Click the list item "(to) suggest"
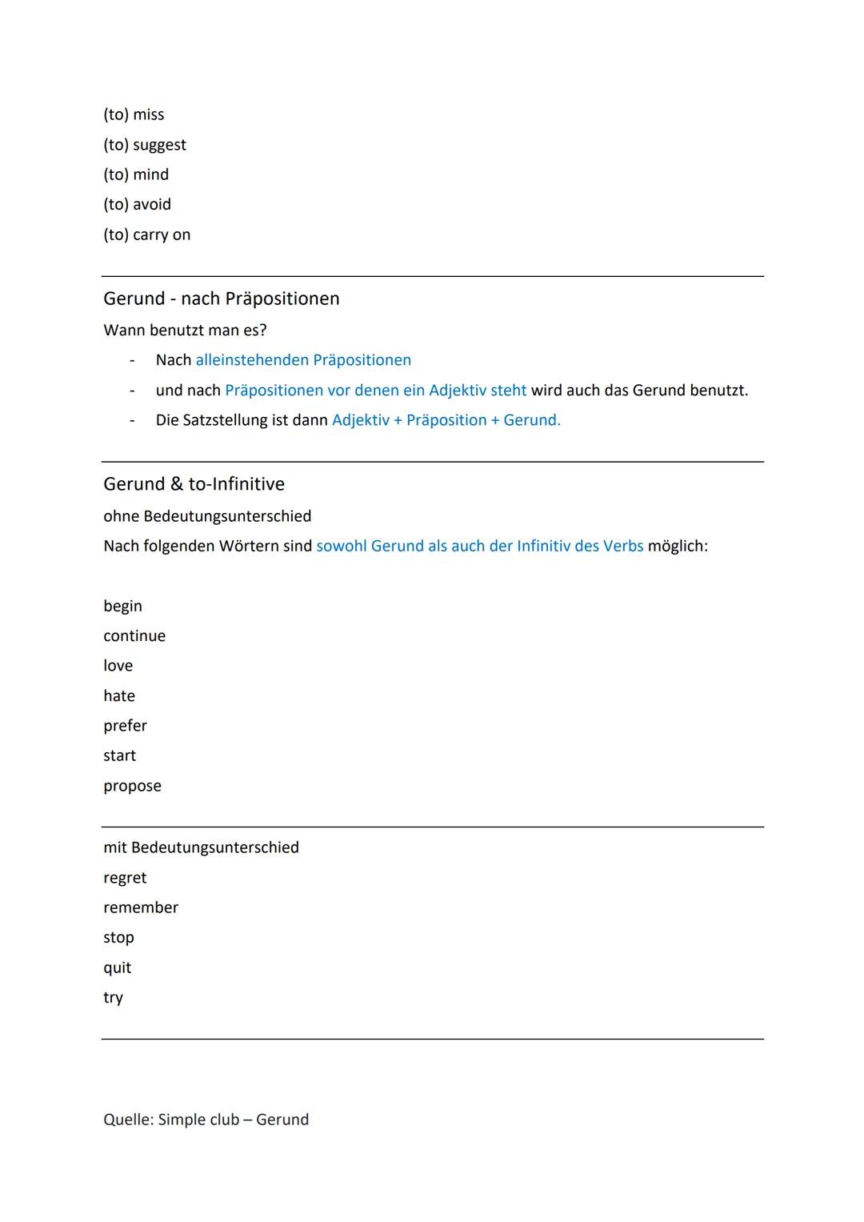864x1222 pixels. pos(145,145)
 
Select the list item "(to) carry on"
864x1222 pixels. pos(147,234)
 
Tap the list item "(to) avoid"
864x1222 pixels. pos(138,205)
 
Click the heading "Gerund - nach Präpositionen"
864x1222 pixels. pos(222,298)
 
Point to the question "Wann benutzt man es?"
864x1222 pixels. pos(185,330)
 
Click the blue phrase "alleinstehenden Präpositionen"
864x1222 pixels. pos(303,360)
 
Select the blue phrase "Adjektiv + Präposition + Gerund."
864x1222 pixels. pos(446,420)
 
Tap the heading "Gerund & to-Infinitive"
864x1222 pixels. pos(194,484)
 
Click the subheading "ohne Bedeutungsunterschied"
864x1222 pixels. pos(207,516)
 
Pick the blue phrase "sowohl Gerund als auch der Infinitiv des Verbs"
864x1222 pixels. pos(480,546)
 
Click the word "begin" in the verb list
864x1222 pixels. pos(122,606)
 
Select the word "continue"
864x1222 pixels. pos(134,636)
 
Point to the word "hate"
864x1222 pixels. pos(119,696)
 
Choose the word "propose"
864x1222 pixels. pos(132,786)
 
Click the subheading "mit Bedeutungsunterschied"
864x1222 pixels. pos(201,847)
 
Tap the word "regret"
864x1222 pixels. pos(125,878)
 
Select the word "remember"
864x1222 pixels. pos(141,907)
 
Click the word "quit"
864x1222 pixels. pos(117,968)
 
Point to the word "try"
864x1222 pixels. pos(113,998)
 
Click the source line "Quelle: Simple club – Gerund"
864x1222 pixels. pos(206,1120)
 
